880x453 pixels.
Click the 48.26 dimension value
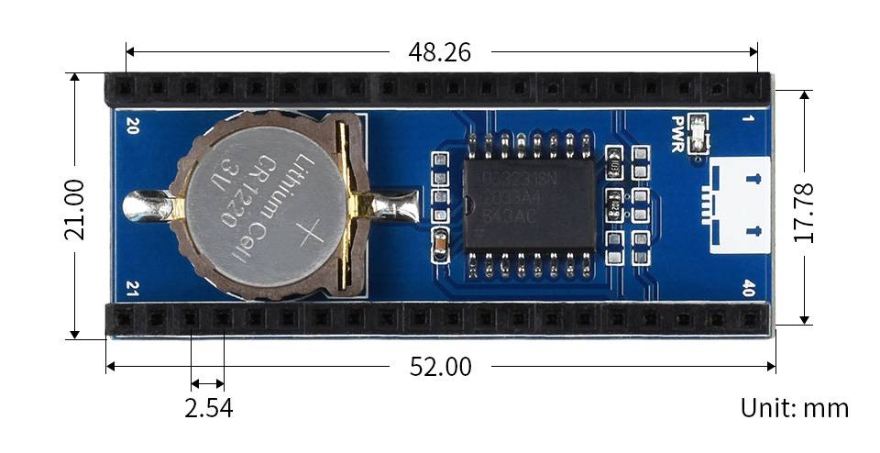coord(439,52)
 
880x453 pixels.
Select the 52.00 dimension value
coord(440,367)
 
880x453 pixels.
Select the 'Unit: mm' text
coord(795,408)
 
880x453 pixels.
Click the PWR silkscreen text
coord(678,134)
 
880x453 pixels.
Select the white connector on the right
coord(740,204)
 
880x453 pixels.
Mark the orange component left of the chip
coord(441,243)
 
